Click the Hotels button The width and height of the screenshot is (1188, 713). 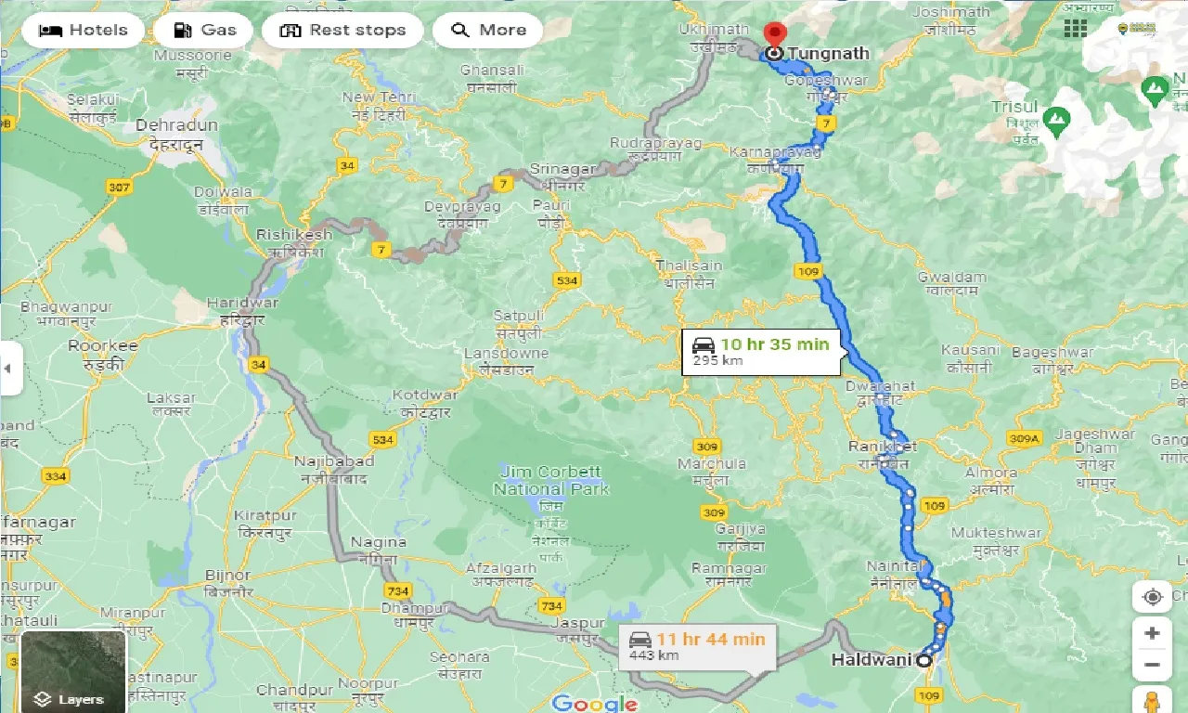(x=84, y=30)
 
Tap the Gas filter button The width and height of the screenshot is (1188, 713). (x=204, y=30)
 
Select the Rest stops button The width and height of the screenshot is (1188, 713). (x=342, y=30)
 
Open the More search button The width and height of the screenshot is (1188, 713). (x=487, y=30)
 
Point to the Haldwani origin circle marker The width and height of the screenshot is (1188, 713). (x=923, y=661)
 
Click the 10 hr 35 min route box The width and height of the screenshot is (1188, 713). (x=762, y=351)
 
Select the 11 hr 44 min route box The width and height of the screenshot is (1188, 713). (x=698, y=646)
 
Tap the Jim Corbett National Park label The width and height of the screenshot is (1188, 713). (x=551, y=480)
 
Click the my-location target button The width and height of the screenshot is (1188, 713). (x=1152, y=597)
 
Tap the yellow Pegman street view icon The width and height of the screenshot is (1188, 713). (x=1152, y=701)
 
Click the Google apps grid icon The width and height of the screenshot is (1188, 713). (x=1075, y=28)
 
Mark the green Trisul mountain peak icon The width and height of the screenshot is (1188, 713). (x=1055, y=119)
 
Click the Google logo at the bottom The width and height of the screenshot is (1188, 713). (x=595, y=703)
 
